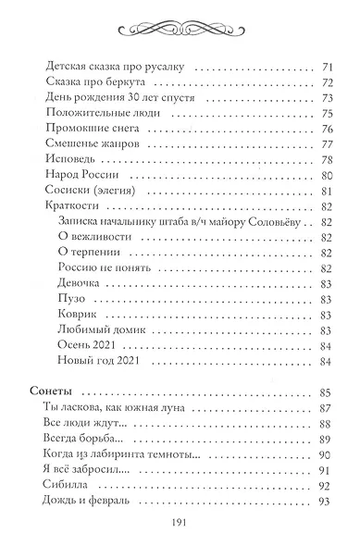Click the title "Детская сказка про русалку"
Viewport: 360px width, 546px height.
[x=103, y=68]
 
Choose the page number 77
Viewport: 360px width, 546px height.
[x=326, y=145]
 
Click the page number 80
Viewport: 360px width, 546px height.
[x=326, y=176]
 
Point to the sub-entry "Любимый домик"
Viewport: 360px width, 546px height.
[x=95, y=329]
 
